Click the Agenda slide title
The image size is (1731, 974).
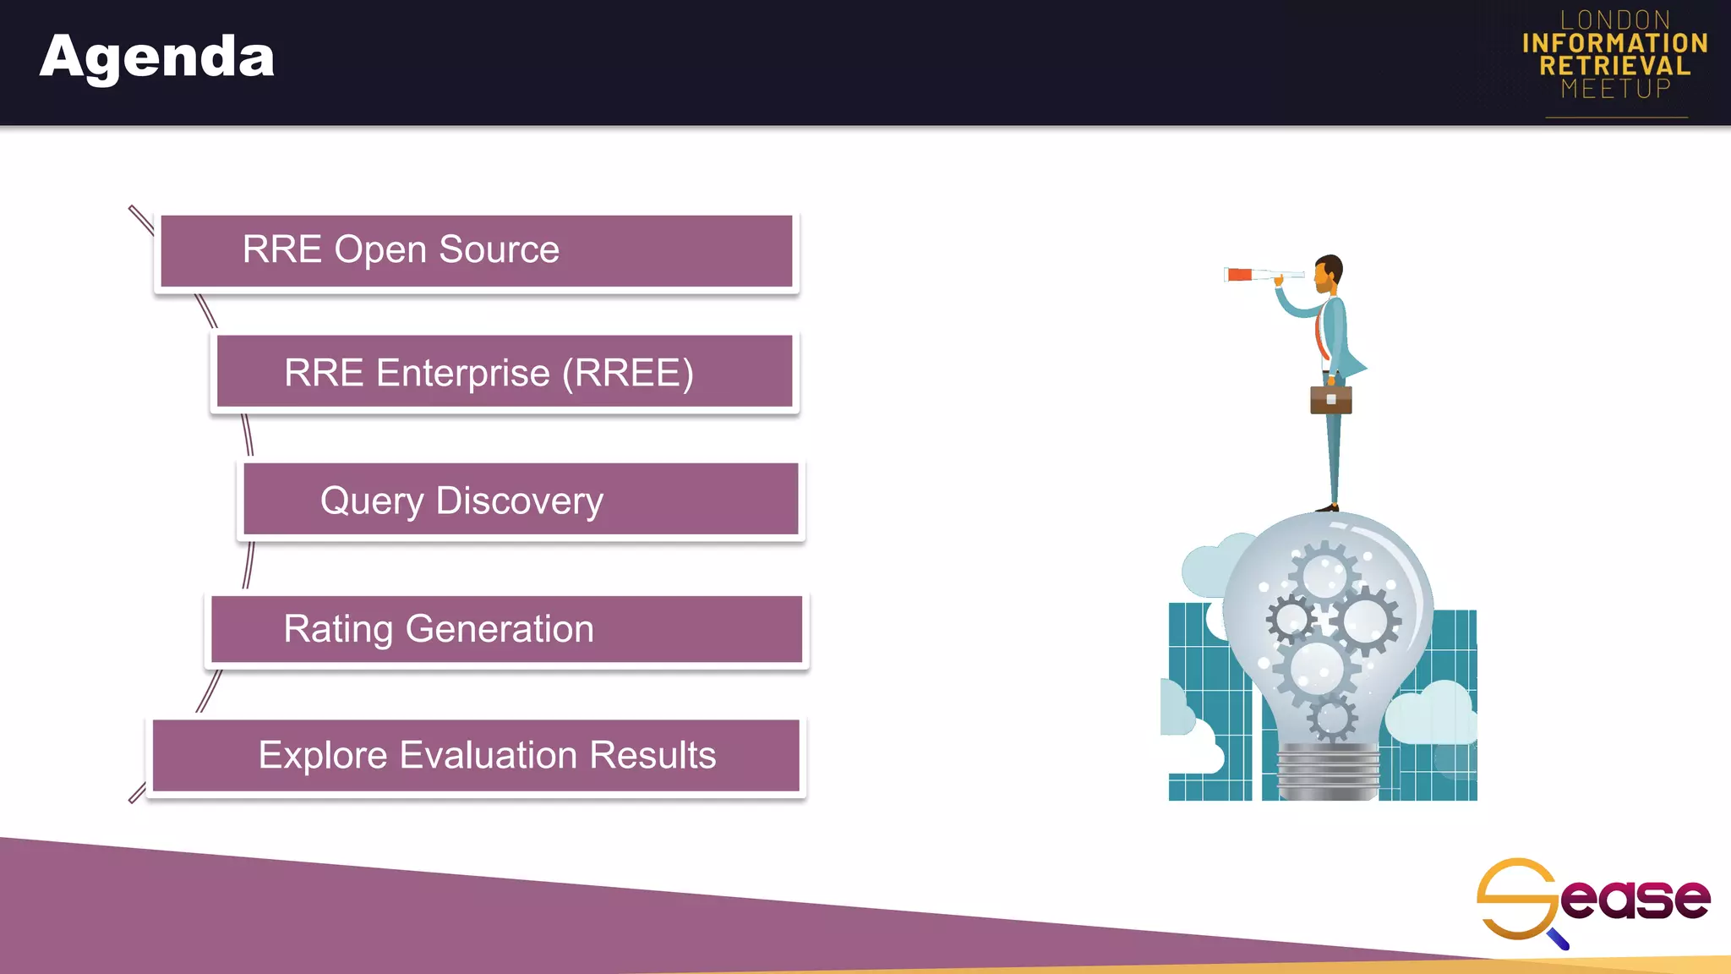[x=157, y=57]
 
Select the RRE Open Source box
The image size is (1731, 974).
[x=476, y=251]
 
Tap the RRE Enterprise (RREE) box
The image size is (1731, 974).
[x=505, y=372]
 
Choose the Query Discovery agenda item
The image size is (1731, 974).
[x=520, y=500]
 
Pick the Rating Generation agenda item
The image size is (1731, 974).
[x=506, y=629]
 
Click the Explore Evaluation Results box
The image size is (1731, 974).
[x=476, y=755]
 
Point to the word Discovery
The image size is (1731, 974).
[x=519, y=501]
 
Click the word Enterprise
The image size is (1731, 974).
[x=462, y=373]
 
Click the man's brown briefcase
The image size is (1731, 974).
[x=1330, y=399]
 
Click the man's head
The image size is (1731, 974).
[x=1329, y=271]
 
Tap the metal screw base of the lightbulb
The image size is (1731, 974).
[x=1328, y=770]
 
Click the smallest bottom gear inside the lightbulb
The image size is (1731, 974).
[x=1332, y=719]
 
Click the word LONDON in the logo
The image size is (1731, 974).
[x=1615, y=20]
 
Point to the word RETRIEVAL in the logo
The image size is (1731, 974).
[x=1615, y=66]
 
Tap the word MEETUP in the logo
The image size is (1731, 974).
[x=1615, y=89]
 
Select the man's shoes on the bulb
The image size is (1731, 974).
[x=1328, y=507]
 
